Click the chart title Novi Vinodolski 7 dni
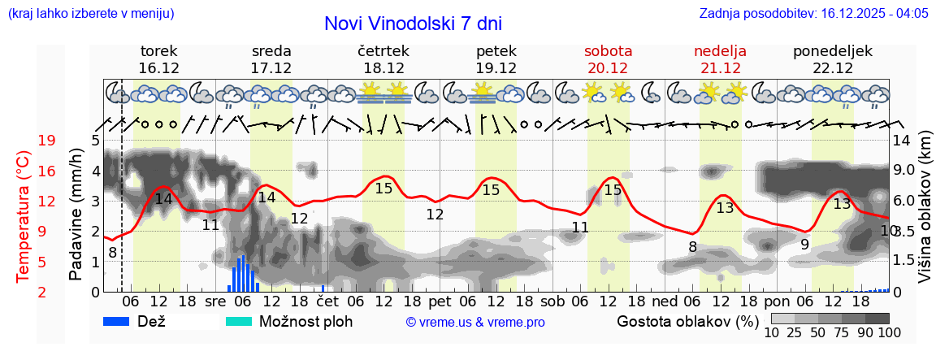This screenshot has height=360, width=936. (413, 24)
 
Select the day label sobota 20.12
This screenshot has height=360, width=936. (608, 59)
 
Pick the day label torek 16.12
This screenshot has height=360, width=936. (158, 59)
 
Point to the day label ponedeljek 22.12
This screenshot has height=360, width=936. (833, 59)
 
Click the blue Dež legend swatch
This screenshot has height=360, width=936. (122, 321)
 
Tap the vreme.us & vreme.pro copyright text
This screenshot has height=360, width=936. (475, 323)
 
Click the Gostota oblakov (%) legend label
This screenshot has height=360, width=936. (687, 321)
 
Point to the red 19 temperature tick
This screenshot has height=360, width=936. (46, 141)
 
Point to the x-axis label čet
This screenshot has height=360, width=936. (327, 301)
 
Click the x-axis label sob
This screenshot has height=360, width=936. (552, 301)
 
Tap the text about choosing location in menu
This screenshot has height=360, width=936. (90, 14)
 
